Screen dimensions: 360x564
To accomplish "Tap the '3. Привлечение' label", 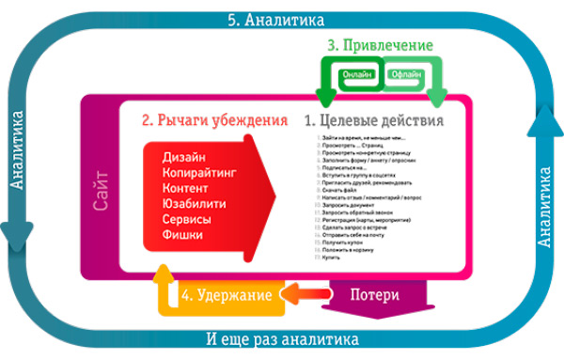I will pos(380,44).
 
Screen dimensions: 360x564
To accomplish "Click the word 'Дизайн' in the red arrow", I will pos(184,156).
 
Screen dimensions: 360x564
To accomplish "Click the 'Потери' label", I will pos(374,295).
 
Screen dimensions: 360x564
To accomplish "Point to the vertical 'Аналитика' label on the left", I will pos(17,150).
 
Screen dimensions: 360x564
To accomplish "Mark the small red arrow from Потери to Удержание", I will pos(301,295).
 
